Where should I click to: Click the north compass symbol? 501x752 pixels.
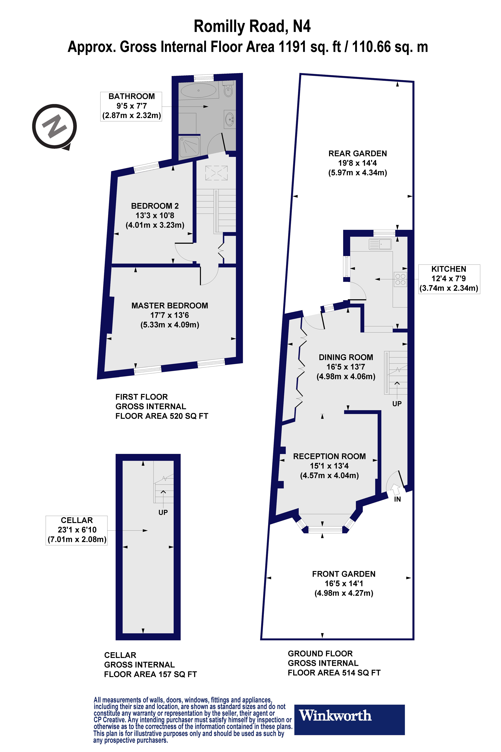pos(54,126)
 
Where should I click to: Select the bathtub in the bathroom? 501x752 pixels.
pos(198,90)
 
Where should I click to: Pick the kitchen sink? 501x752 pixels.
pos(380,244)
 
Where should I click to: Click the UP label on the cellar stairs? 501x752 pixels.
pos(163,512)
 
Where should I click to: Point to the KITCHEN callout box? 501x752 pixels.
pos(449,278)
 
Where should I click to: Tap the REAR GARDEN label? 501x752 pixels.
pos(358,153)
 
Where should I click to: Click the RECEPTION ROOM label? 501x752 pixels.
pos(329,456)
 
